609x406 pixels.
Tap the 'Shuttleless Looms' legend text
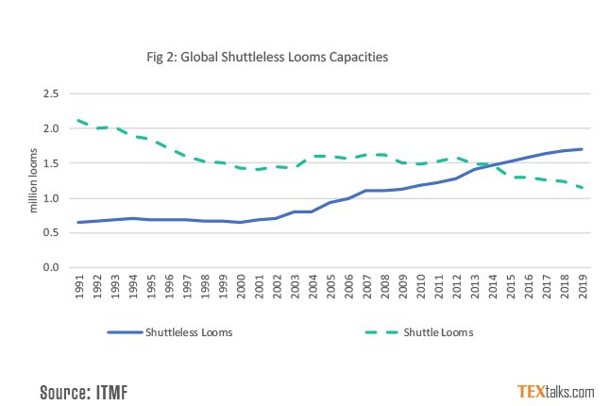pos(191,332)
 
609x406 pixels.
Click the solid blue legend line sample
pos(125,332)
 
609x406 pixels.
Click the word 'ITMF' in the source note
pos(109,391)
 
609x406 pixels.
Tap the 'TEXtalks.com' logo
pos(555,391)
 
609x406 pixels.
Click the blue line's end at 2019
pos(582,149)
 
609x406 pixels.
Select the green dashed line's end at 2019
pos(582,188)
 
